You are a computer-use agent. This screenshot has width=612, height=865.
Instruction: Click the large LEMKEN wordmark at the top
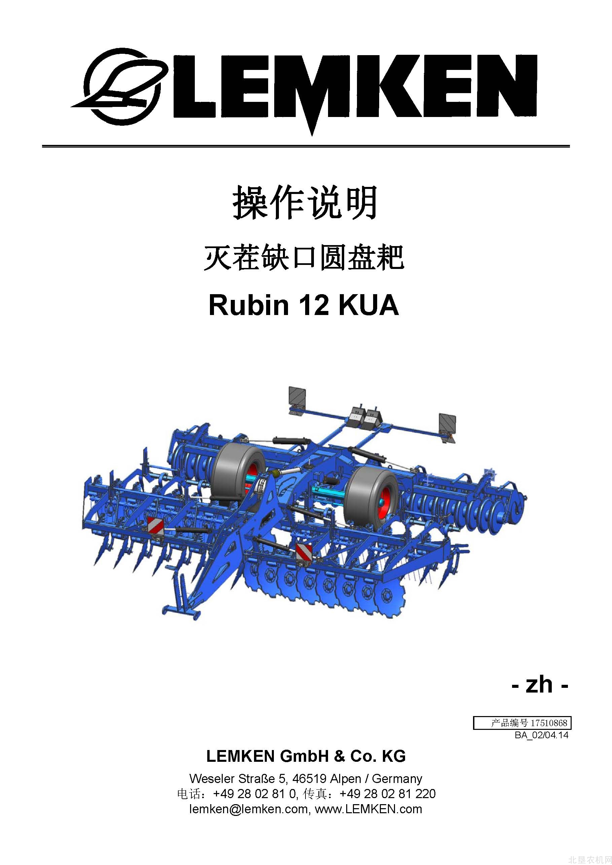tap(355, 88)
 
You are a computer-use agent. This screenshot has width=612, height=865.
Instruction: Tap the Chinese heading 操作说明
tap(305, 203)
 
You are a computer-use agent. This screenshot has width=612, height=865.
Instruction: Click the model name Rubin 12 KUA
tap(304, 305)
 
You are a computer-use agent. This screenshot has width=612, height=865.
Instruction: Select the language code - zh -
tap(540, 684)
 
